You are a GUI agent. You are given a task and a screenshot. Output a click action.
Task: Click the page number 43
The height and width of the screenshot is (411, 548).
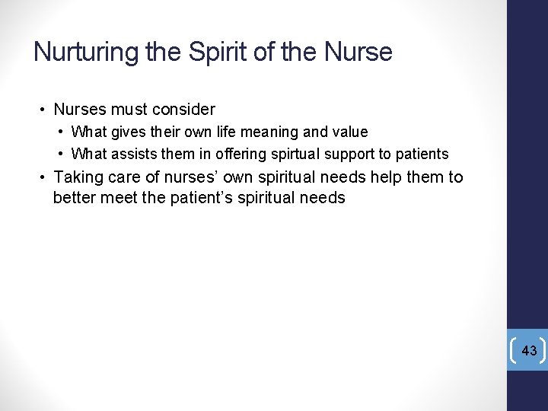click(x=530, y=351)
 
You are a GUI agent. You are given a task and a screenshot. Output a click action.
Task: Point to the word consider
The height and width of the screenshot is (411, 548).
click(x=183, y=110)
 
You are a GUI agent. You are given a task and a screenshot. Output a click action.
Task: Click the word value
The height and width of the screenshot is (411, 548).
click(x=351, y=132)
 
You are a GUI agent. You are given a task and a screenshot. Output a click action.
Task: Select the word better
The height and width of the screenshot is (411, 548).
click(x=75, y=199)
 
